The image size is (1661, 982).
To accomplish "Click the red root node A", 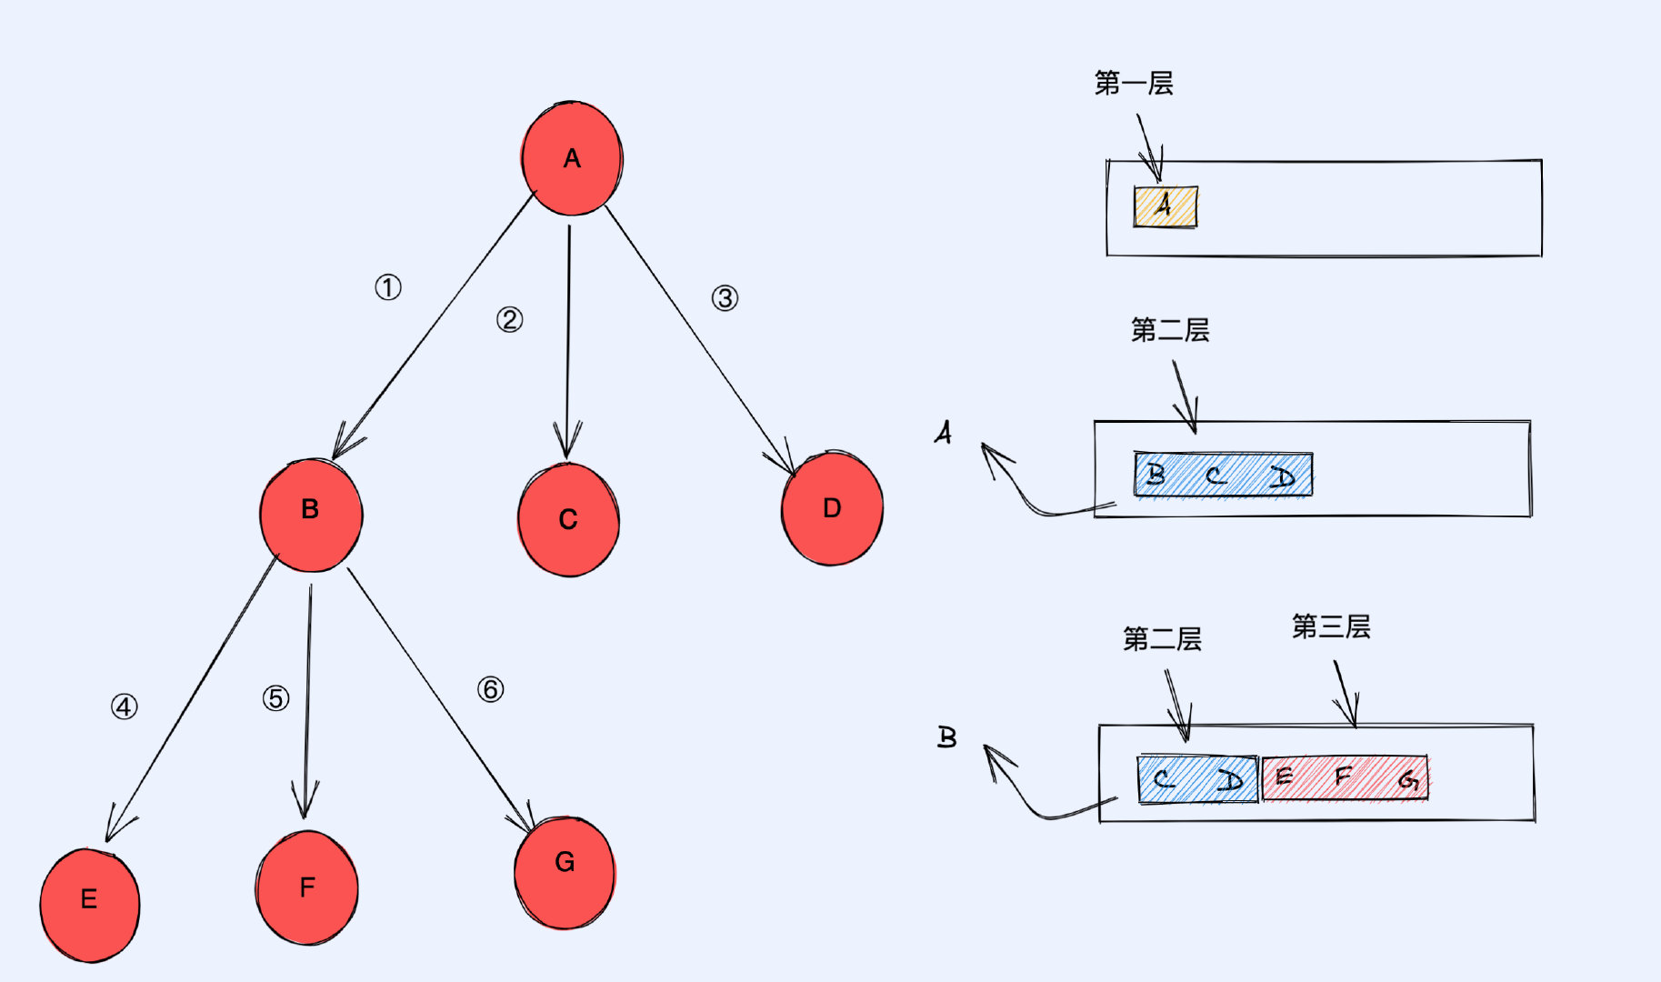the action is tap(572, 158).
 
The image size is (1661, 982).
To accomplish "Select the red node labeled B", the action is tap(311, 515).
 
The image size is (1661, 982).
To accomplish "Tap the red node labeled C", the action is tap(568, 519).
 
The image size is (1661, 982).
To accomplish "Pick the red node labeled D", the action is tap(832, 507).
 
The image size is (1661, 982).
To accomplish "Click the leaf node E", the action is tap(90, 905).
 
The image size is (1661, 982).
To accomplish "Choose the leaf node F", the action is tap(307, 887).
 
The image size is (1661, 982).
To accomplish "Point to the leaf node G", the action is tap(565, 872).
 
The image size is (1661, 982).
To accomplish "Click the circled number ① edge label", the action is tap(388, 288).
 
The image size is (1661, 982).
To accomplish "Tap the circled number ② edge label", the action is tap(509, 319).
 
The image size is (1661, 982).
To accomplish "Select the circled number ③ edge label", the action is tap(725, 298).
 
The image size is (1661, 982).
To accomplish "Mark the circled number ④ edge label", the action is tap(125, 706).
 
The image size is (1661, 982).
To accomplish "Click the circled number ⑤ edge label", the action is tap(276, 698).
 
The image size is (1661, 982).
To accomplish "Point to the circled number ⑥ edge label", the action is tap(491, 689).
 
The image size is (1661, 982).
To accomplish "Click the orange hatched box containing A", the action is tap(1166, 206).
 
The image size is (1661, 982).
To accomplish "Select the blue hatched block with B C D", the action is tap(1224, 475).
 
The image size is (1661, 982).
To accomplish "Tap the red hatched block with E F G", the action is tap(1346, 778).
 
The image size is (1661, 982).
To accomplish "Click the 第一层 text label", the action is tap(1134, 84).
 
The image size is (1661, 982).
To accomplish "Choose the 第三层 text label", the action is tap(1331, 626).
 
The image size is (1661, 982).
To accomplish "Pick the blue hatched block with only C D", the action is tap(1198, 779).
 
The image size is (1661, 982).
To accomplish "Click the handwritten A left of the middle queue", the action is tap(944, 432).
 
